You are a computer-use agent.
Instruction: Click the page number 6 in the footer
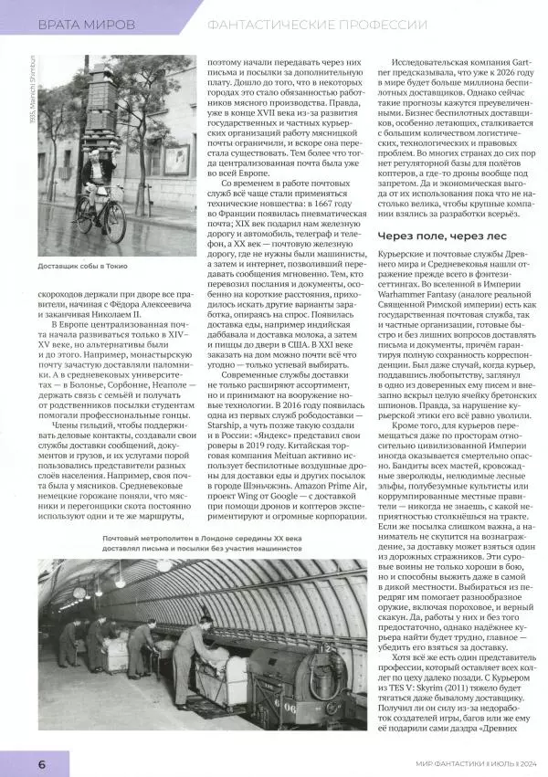coord(16,761)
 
